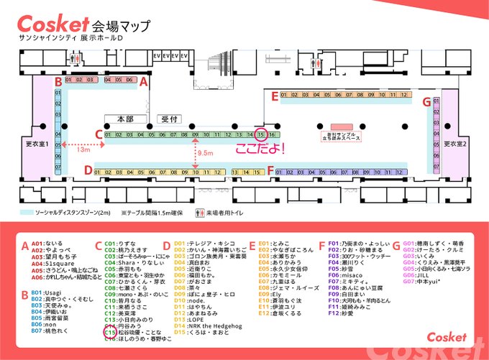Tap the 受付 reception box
(168, 119)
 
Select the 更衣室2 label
(455, 143)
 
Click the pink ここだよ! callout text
(261, 149)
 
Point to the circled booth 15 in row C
(262, 134)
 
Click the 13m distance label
(83, 150)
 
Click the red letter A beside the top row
(144, 82)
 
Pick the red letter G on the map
(426, 102)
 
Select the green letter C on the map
(98, 134)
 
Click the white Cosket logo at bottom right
(446, 336)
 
